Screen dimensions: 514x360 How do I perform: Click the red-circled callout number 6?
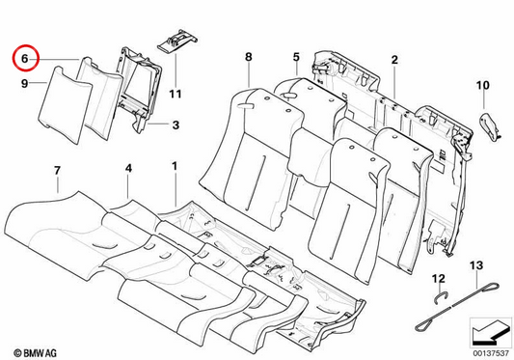(x=25, y=59)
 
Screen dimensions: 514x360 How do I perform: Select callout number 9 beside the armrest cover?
(x=24, y=83)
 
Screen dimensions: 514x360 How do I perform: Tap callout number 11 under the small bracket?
(x=176, y=94)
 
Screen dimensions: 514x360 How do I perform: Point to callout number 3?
(x=176, y=125)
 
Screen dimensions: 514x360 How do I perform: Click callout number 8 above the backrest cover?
(x=249, y=57)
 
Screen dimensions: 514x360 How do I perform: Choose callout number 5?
(x=296, y=57)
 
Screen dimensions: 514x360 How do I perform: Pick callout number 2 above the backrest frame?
(x=394, y=60)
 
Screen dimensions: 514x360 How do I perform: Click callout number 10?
(x=482, y=85)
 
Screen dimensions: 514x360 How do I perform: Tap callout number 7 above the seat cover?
(x=57, y=171)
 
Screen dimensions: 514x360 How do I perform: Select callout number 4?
(x=128, y=168)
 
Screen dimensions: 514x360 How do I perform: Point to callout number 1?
(x=175, y=166)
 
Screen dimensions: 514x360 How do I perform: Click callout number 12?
(x=439, y=279)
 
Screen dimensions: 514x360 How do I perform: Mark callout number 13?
(x=476, y=264)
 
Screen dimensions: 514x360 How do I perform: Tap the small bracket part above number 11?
(x=177, y=42)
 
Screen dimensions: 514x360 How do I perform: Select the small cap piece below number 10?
(x=490, y=126)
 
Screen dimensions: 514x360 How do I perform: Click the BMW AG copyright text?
(x=35, y=353)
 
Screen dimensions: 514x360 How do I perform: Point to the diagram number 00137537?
(x=491, y=354)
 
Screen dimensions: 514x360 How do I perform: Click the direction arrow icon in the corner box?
(x=490, y=332)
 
